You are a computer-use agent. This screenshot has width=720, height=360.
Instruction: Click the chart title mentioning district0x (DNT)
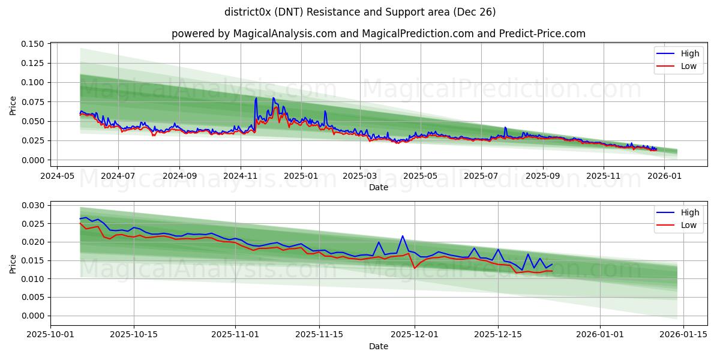pyautogui.click(x=360, y=12)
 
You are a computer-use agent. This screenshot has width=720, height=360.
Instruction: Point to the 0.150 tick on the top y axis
pyautogui.click(x=34, y=44)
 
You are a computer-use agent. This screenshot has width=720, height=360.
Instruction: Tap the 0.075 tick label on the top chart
pyautogui.click(x=34, y=102)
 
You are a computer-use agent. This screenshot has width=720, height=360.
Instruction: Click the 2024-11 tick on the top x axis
pyautogui.click(x=240, y=176)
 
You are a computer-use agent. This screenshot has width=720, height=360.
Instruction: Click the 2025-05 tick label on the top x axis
pyautogui.click(x=420, y=176)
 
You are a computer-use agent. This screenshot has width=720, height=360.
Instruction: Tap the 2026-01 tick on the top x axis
pyautogui.click(x=665, y=176)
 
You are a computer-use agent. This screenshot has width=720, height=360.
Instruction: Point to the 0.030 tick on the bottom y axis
pyautogui.click(x=34, y=205)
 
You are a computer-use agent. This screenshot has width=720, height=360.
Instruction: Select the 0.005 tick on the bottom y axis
pyautogui.click(x=34, y=297)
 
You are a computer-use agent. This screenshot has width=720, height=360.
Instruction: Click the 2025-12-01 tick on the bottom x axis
pyautogui.click(x=415, y=335)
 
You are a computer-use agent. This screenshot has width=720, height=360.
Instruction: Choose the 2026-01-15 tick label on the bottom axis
pyautogui.click(x=684, y=335)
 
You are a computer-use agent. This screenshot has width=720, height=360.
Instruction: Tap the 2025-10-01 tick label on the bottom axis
pyautogui.click(x=50, y=335)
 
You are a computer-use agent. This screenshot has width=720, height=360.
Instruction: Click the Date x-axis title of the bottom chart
pyautogui.click(x=378, y=346)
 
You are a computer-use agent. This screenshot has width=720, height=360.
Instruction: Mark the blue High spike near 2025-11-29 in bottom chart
pyautogui.click(x=403, y=236)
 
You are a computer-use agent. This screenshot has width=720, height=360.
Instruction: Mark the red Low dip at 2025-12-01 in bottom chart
pyautogui.click(x=415, y=268)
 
